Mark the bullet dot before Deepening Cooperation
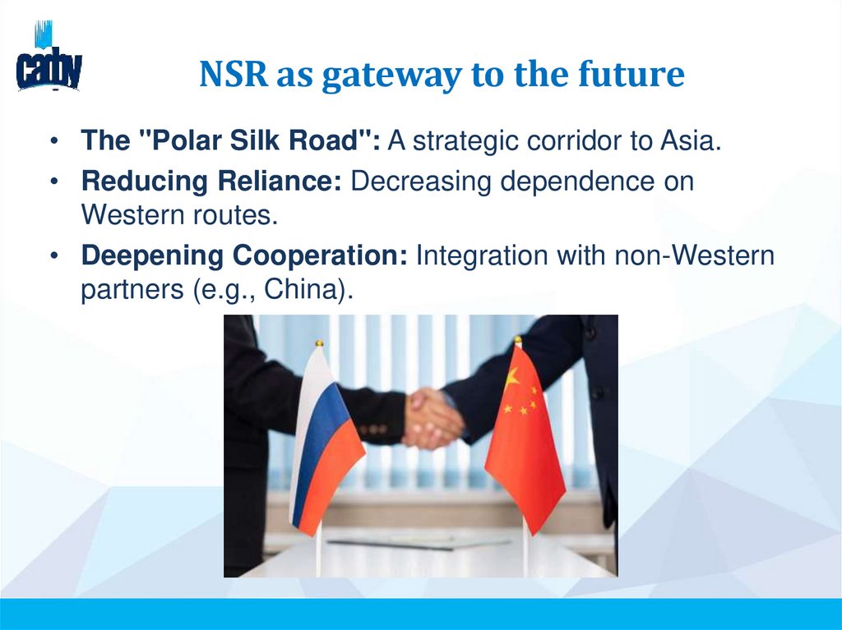53,256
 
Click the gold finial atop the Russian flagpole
319,343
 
